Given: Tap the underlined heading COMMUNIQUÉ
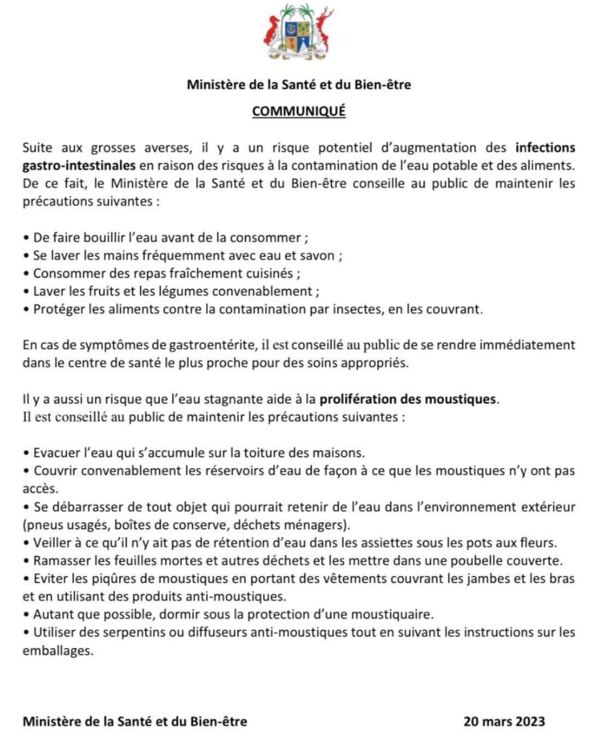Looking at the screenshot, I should pyautogui.click(x=298, y=111).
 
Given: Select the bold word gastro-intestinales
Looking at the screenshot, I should pyautogui.click(x=79, y=166).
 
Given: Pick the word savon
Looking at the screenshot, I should pyautogui.click(x=317, y=256).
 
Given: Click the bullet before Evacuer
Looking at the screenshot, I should pyautogui.click(x=26, y=454).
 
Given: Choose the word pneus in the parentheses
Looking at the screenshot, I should pyautogui.click(x=42, y=525).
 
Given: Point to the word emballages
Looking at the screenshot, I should pyautogui.click(x=57, y=651).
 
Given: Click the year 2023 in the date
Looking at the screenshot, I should pyautogui.click(x=529, y=722).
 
